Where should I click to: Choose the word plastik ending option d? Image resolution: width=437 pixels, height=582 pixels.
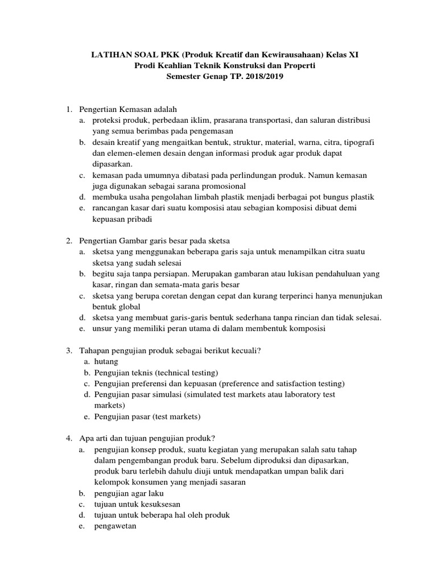pos(362,197)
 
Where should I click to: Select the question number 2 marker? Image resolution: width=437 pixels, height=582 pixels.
pos(69,241)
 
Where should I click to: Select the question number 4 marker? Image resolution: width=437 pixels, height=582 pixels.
pos(69,438)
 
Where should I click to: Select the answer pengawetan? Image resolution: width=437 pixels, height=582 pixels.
pos(115,526)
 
